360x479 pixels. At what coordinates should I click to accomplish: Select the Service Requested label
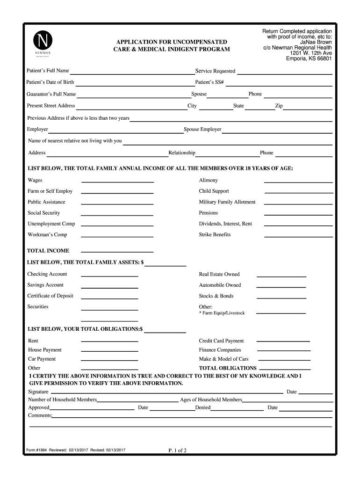pyautogui.click(x=215, y=71)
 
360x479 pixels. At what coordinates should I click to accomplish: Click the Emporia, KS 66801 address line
pyautogui.click(x=309, y=59)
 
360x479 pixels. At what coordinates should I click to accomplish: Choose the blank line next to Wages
pyautogui.click(x=117, y=182)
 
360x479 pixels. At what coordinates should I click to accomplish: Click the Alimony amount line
pyautogui.click(x=298, y=182)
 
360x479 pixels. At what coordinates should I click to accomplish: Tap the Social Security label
pyautogui.click(x=44, y=213)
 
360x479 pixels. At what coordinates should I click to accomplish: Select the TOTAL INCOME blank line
pyautogui.click(x=117, y=252)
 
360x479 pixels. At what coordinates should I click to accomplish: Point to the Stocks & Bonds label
pyautogui.click(x=216, y=296)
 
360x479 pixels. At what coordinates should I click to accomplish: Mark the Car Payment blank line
pyautogui.click(x=110, y=361)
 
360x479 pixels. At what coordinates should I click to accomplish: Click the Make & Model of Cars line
pyautogui.click(x=284, y=361)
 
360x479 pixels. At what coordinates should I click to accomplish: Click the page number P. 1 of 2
pyautogui.click(x=178, y=451)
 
